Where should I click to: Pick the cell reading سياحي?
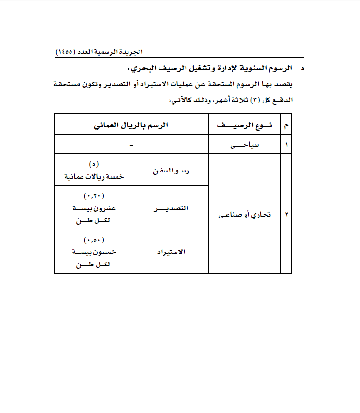pos(244,144)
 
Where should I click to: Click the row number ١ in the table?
pos(287,144)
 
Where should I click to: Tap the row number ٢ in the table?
pos(287,214)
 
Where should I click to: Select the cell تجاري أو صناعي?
pos(244,214)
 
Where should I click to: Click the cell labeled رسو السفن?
pos(172,170)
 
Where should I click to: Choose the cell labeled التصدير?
pos(172,208)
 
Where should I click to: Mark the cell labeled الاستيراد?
pos(172,252)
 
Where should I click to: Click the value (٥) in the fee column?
pos(94,164)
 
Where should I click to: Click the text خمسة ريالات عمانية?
pos(94,176)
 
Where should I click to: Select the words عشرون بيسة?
pos(94,208)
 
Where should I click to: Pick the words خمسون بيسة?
pos(94,252)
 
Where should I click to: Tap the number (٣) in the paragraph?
pos(256,101)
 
